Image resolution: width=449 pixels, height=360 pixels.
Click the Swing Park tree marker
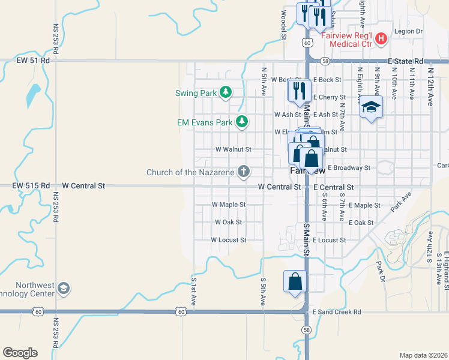[225, 92]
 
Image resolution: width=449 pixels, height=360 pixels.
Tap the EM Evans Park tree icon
[241, 122]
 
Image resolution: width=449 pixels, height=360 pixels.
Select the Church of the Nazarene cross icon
[243, 172]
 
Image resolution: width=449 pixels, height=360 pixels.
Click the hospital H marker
[380, 40]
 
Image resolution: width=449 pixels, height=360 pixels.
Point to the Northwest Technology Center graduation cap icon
[63, 289]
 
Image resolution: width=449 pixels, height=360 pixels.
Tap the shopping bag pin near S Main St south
[295, 282]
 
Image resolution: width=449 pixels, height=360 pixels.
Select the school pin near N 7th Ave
[371, 109]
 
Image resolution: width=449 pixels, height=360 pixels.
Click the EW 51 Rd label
[33, 60]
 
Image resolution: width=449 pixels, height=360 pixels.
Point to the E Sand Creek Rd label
[337, 312]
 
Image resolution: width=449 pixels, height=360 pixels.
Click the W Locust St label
[228, 240]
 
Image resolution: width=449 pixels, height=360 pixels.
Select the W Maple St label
[229, 205]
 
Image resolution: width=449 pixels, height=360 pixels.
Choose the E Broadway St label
[349, 168]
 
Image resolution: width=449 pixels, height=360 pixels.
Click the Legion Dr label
[409, 31]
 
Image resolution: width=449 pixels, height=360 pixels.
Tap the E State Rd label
[406, 61]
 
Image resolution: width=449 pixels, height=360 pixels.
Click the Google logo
[20, 353]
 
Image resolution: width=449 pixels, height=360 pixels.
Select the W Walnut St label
[233, 149]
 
